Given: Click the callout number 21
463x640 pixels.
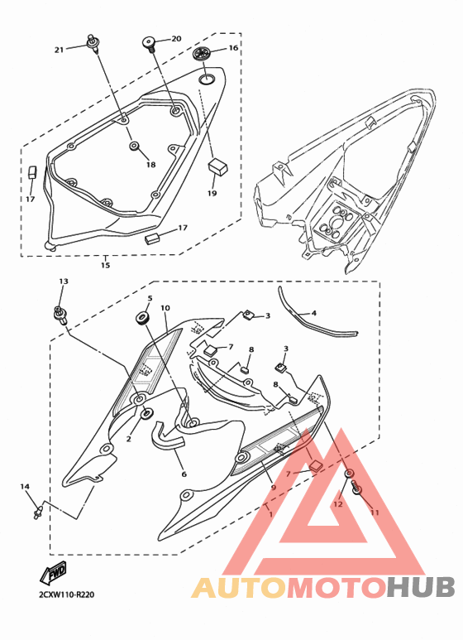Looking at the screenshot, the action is [x=60, y=50].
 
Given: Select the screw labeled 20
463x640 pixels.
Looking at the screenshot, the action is [x=149, y=43].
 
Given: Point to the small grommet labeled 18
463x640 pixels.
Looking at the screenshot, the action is [x=134, y=146].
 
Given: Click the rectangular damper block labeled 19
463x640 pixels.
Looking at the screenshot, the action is [x=218, y=167].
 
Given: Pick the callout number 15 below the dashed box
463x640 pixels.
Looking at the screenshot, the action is [x=105, y=265].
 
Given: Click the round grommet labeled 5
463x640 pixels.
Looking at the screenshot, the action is [x=142, y=318].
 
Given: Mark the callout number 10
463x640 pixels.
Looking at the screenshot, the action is [x=165, y=308].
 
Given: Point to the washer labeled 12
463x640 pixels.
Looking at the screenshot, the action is [x=349, y=474].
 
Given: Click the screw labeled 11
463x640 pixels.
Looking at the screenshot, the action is [x=357, y=488].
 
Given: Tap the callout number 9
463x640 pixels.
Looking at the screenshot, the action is [x=273, y=487].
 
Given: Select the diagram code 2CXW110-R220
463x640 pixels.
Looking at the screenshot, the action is [x=66, y=594].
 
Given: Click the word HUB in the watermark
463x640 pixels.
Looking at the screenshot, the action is [x=421, y=587].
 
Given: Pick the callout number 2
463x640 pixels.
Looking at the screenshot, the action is [x=129, y=439].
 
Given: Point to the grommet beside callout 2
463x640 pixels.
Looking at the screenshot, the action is [x=146, y=413].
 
